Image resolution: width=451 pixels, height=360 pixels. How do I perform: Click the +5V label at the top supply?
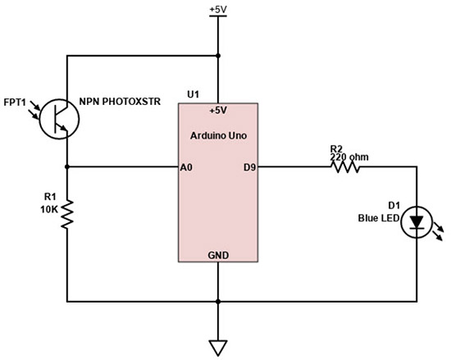pyautogui.click(x=218, y=9)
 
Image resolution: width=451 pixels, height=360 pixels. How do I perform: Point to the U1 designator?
pyautogui.click(x=194, y=94)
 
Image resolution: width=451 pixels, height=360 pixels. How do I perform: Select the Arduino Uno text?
pyautogui.click(x=218, y=134)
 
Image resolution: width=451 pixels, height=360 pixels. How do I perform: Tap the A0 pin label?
pyautogui.click(x=186, y=167)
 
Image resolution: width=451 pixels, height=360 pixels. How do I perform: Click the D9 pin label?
pyautogui.click(x=250, y=167)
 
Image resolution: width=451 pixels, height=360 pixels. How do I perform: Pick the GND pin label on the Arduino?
pyautogui.click(x=218, y=255)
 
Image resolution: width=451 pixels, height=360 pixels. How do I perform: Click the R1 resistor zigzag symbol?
pyautogui.click(x=66, y=216)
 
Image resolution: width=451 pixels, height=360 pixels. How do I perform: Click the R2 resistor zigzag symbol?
pyautogui.click(x=345, y=167)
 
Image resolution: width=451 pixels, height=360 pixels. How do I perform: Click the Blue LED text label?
pyautogui.click(x=376, y=218)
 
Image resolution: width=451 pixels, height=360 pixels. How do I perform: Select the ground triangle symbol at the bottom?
pyautogui.click(x=218, y=346)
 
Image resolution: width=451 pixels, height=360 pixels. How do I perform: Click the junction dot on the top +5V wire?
pyautogui.click(x=218, y=56)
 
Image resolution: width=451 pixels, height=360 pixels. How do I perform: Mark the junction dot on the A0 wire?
pyautogui.click(x=66, y=167)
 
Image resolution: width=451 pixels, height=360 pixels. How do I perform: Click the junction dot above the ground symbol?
pyautogui.click(x=218, y=299)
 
